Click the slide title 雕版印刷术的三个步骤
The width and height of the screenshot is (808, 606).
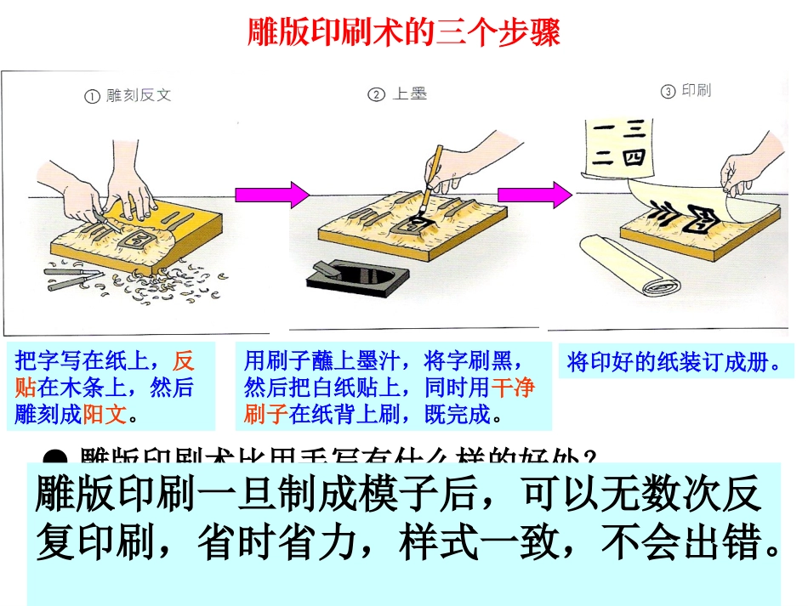pos(404,34)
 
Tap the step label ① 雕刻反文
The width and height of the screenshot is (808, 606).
pos(128,96)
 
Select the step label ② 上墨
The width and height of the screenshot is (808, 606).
pos(397,94)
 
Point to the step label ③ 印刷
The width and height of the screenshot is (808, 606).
pos(686,91)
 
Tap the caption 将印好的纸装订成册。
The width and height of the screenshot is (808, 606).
pos(674,363)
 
